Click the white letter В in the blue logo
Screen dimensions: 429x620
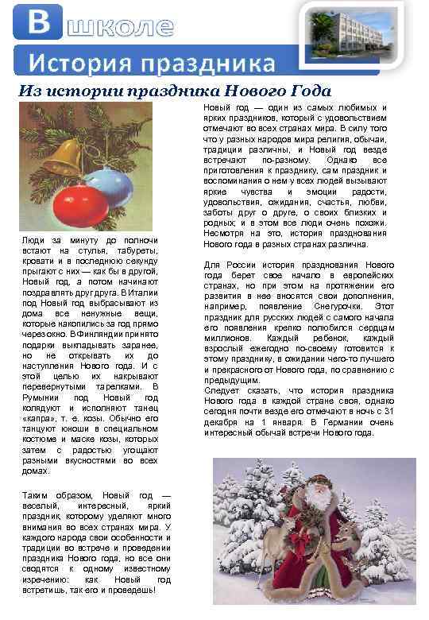[38, 21]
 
